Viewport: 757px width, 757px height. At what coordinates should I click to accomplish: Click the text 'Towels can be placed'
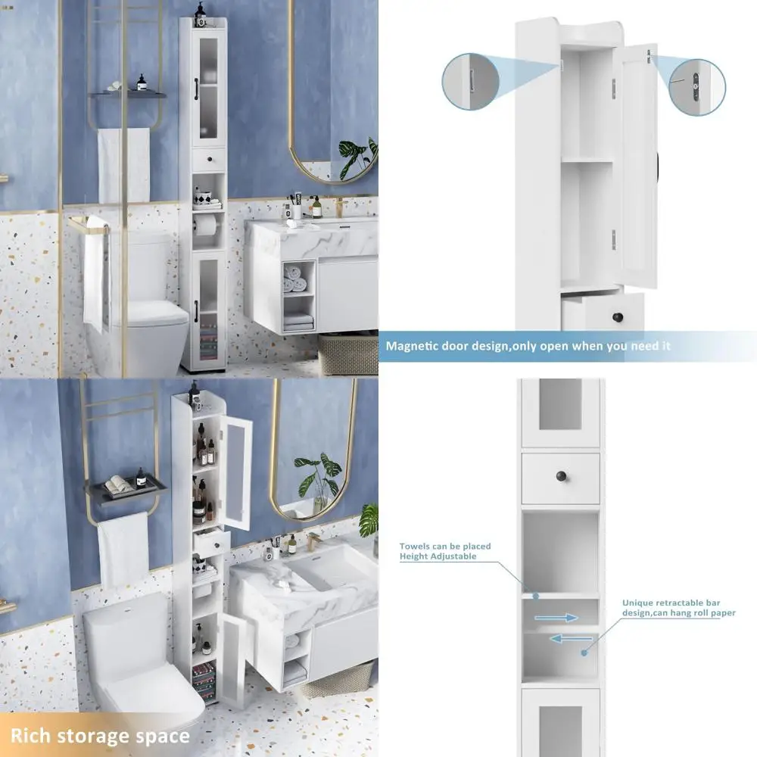click(445, 546)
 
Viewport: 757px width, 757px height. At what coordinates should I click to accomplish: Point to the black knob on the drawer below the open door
click(618, 315)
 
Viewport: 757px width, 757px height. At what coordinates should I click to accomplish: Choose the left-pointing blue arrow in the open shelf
click(570, 638)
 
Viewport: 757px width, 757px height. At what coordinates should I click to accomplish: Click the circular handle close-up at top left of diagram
click(470, 80)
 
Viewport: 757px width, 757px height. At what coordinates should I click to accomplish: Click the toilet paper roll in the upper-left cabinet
click(204, 226)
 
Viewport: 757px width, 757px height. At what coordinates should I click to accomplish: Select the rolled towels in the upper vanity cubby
click(297, 283)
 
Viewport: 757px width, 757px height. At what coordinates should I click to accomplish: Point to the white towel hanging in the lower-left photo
click(123, 549)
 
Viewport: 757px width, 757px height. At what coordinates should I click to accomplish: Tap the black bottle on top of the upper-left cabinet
click(201, 11)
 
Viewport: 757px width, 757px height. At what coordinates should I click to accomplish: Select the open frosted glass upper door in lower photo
click(236, 472)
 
